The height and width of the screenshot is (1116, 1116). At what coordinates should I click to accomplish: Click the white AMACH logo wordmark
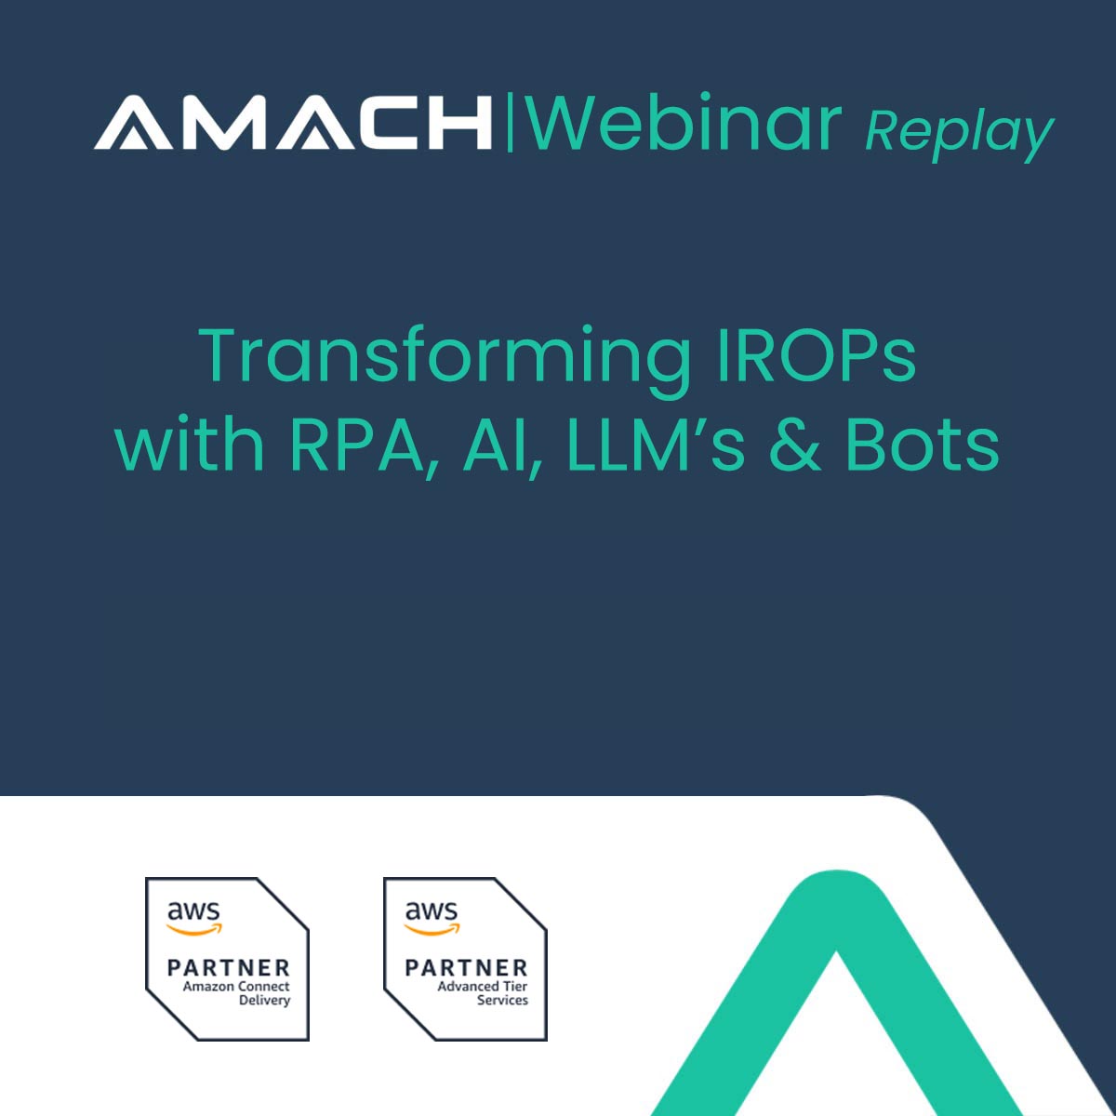click(x=292, y=122)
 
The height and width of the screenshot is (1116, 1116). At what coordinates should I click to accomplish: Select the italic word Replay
click(x=959, y=133)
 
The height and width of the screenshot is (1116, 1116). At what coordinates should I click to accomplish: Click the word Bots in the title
click(x=922, y=445)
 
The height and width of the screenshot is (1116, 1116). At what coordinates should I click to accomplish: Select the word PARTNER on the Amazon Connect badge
click(x=228, y=968)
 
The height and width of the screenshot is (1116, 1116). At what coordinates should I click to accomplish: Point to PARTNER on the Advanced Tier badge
click(x=466, y=968)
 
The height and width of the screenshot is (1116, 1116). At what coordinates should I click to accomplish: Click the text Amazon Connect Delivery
click(x=237, y=993)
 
